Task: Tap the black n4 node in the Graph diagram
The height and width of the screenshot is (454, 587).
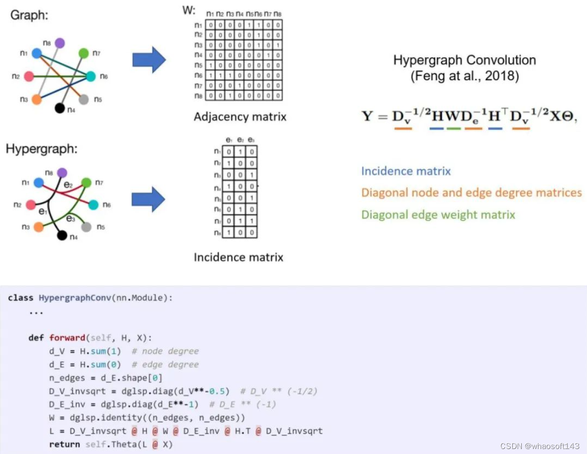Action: (x=60, y=108)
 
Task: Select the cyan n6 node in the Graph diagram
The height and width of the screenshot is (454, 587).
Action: (x=90, y=77)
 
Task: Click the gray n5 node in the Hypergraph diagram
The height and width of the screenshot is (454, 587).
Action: (x=87, y=227)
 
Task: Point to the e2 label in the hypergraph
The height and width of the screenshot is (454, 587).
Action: (x=69, y=185)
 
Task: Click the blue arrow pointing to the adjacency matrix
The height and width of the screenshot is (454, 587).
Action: (x=148, y=60)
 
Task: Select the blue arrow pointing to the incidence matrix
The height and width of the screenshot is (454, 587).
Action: (x=148, y=200)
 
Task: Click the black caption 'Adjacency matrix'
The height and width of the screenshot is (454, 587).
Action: (x=240, y=117)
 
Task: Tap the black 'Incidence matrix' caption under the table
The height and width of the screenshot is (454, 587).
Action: (x=238, y=257)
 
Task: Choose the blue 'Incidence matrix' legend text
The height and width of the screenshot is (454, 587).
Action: (x=406, y=172)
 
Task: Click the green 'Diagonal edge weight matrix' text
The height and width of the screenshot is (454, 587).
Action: (x=438, y=215)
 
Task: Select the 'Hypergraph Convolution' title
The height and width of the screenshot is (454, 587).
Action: (x=465, y=60)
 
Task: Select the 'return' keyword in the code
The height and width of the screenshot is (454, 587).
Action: (x=64, y=444)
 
